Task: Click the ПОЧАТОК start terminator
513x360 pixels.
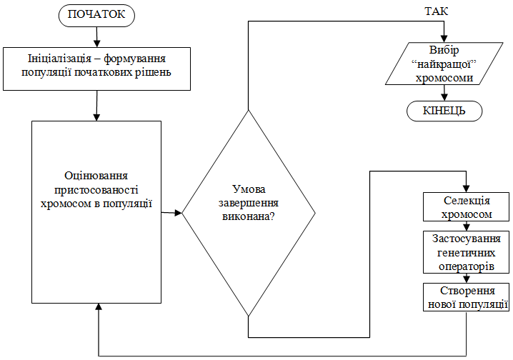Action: pyautogui.click(x=96, y=14)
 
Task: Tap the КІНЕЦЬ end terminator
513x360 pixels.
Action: pyautogui.click(x=444, y=111)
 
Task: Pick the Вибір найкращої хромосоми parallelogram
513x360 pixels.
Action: pyautogui.click(x=443, y=65)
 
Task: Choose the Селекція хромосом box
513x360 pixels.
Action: pyautogui.click(x=466, y=208)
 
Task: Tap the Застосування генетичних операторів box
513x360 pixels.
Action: pyautogui.click(x=466, y=252)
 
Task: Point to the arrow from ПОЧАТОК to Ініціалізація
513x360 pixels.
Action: pyautogui.click(x=96, y=35)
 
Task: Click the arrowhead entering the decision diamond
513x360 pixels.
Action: pyautogui.click(x=179, y=213)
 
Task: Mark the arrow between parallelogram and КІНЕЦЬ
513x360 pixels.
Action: pyautogui.click(x=444, y=93)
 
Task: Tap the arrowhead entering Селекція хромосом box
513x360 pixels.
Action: pyautogui.click(x=466, y=187)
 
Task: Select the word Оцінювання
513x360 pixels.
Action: pyautogui.click(x=96, y=176)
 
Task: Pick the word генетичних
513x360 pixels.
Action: pyautogui.click(x=466, y=252)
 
